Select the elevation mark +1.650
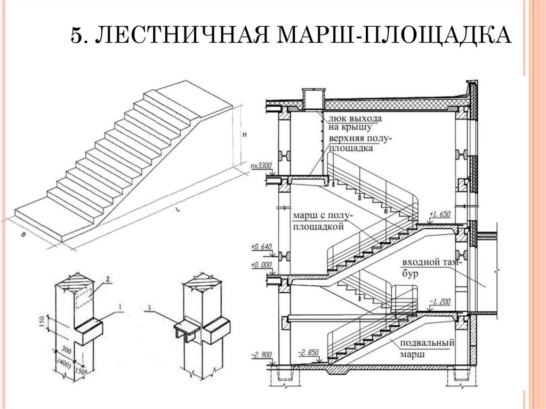[441, 214]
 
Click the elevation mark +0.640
[261, 246]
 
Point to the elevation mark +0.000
[261, 264]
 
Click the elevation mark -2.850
[309, 352]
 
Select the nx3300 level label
[261, 166]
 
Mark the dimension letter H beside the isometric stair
[244, 135]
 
